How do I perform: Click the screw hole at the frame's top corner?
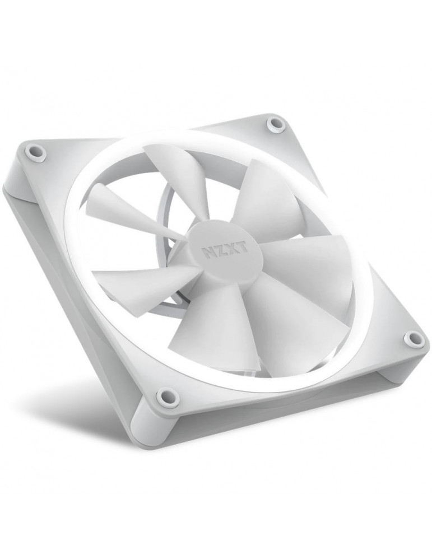point(276,125)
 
